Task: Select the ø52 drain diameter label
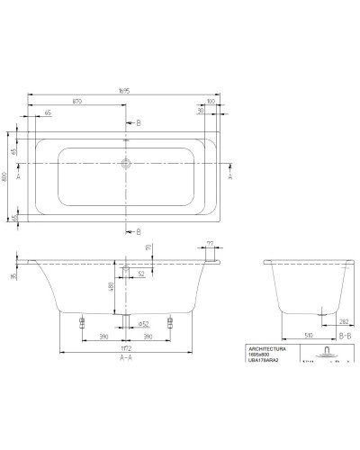click(143, 323)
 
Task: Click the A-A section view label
click(125, 357)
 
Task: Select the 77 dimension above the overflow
click(211, 244)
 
